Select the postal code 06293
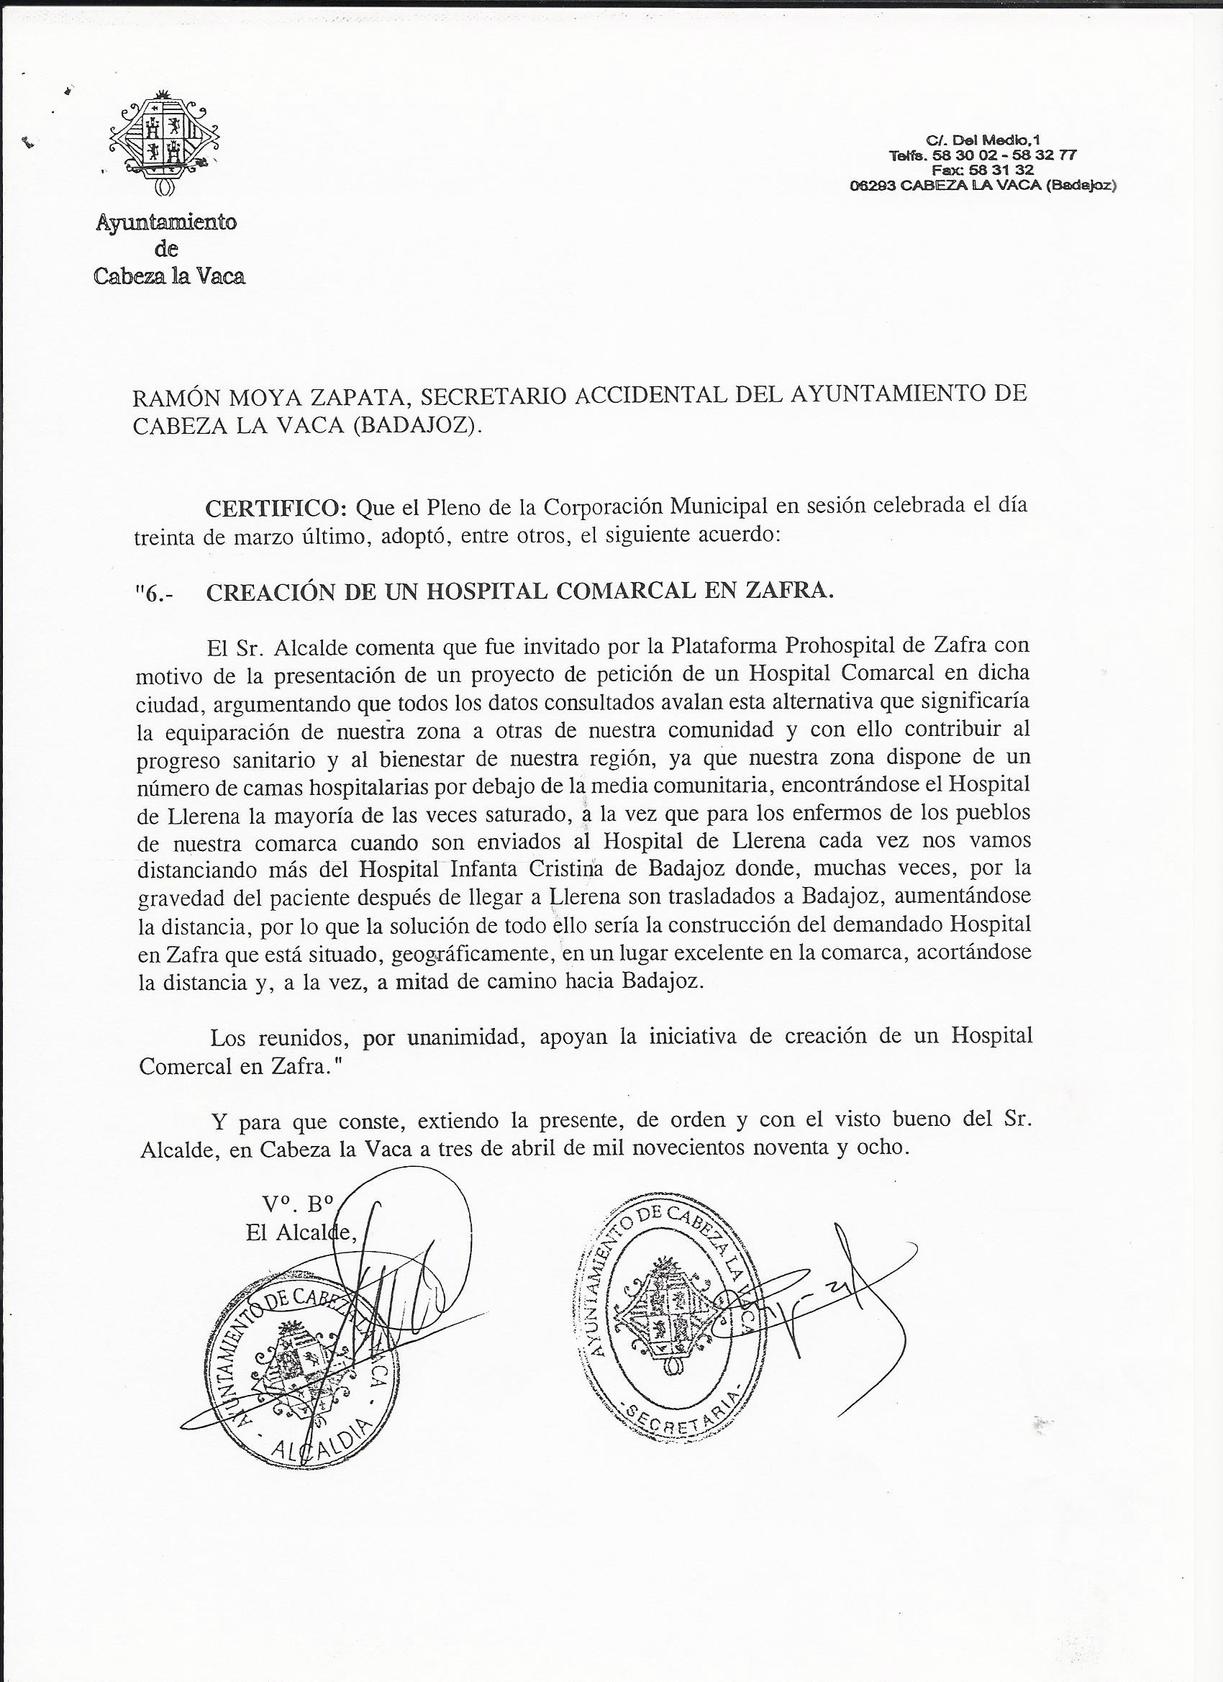pyautogui.click(x=873, y=186)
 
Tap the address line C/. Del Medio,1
pyautogui.click(x=983, y=140)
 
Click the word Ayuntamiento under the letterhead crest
pyautogui.click(x=166, y=222)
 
